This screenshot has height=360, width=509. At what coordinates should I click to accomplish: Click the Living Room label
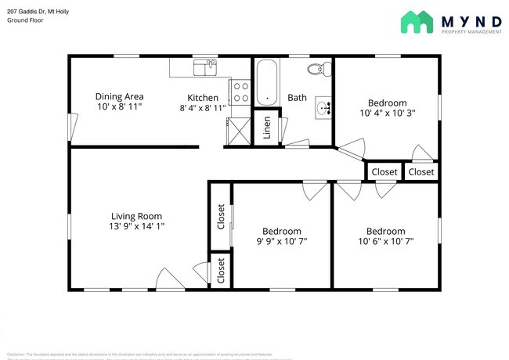click(x=136, y=216)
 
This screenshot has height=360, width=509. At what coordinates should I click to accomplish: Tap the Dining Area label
click(x=119, y=96)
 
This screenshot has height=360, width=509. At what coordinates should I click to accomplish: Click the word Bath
click(x=297, y=98)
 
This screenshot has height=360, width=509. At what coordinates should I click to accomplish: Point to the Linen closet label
click(x=266, y=127)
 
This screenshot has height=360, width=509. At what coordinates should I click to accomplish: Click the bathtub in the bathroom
click(x=267, y=83)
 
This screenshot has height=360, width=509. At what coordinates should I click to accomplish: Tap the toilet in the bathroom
click(x=316, y=70)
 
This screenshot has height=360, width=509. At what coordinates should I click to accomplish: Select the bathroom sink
click(x=323, y=107)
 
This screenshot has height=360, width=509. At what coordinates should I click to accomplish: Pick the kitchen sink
click(x=206, y=69)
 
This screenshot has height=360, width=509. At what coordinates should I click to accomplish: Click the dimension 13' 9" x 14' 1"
click(x=136, y=225)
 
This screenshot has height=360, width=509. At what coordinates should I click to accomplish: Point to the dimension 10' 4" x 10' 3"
click(x=387, y=113)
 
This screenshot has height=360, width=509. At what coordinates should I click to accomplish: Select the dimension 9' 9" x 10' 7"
click(x=281, y=241)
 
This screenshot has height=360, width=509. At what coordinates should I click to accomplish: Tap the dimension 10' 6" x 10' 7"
click(x=385, y=241)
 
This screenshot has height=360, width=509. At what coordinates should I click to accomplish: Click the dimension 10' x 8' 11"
click(x=119, y=106)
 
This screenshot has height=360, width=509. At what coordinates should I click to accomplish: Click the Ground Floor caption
click(x=25, y=20)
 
